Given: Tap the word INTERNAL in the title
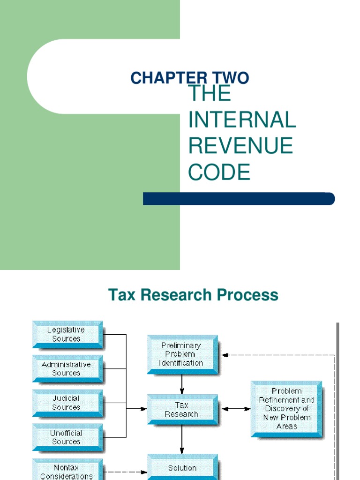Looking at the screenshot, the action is pos(242,120).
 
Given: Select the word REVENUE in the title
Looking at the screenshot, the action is pos(240,145).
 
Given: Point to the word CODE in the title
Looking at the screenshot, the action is pos(219,172).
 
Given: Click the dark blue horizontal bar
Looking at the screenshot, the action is pos(239,199).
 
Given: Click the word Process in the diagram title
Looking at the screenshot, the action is pos(247,295).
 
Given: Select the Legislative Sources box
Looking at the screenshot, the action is pos(67,335).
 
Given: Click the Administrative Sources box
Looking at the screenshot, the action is pos(67,369).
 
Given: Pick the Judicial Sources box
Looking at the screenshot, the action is pos(67,403).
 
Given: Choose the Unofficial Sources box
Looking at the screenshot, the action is pos(67,438).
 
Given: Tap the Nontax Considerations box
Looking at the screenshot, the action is pos(67,470).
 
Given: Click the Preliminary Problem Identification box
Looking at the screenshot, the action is pos(182,355).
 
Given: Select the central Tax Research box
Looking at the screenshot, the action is pos(182,410).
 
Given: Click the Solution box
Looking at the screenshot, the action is pos(182,467).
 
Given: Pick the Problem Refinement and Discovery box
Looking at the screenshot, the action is pos(286,409).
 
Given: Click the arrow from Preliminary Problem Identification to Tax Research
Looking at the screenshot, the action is pos(182,384).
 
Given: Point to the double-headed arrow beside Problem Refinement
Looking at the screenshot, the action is pos(236,409).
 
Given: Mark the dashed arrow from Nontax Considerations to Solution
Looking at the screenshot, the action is pos(125,472).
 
